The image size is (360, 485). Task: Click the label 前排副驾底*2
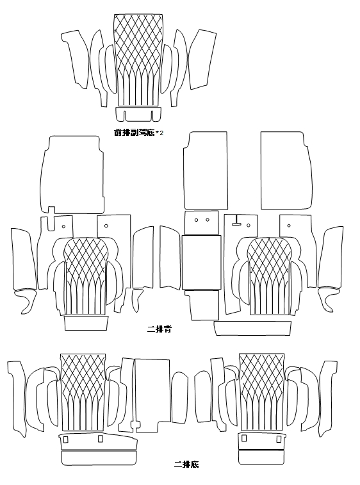point(138,133)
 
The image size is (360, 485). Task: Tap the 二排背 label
point(159,329)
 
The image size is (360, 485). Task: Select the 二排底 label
point(186,464)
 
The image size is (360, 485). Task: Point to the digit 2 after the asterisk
point(161,133)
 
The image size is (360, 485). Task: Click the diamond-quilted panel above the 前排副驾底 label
point(138,60)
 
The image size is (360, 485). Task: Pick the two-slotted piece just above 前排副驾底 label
point(138,114)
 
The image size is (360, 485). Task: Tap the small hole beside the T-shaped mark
point(249,226)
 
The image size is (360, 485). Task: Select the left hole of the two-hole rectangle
point(196,220)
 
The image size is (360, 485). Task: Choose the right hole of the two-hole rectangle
point(207,220)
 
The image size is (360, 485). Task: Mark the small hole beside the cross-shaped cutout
point(63,226)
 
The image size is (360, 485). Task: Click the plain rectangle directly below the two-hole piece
point(201,263)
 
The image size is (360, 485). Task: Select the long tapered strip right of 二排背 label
point(252,329)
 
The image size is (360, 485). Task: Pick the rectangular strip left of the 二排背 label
point(86,324)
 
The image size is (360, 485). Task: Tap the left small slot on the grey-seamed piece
point(65,440)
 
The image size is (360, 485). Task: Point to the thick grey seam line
point(99,450)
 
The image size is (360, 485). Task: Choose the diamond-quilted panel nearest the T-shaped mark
point(270,276)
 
